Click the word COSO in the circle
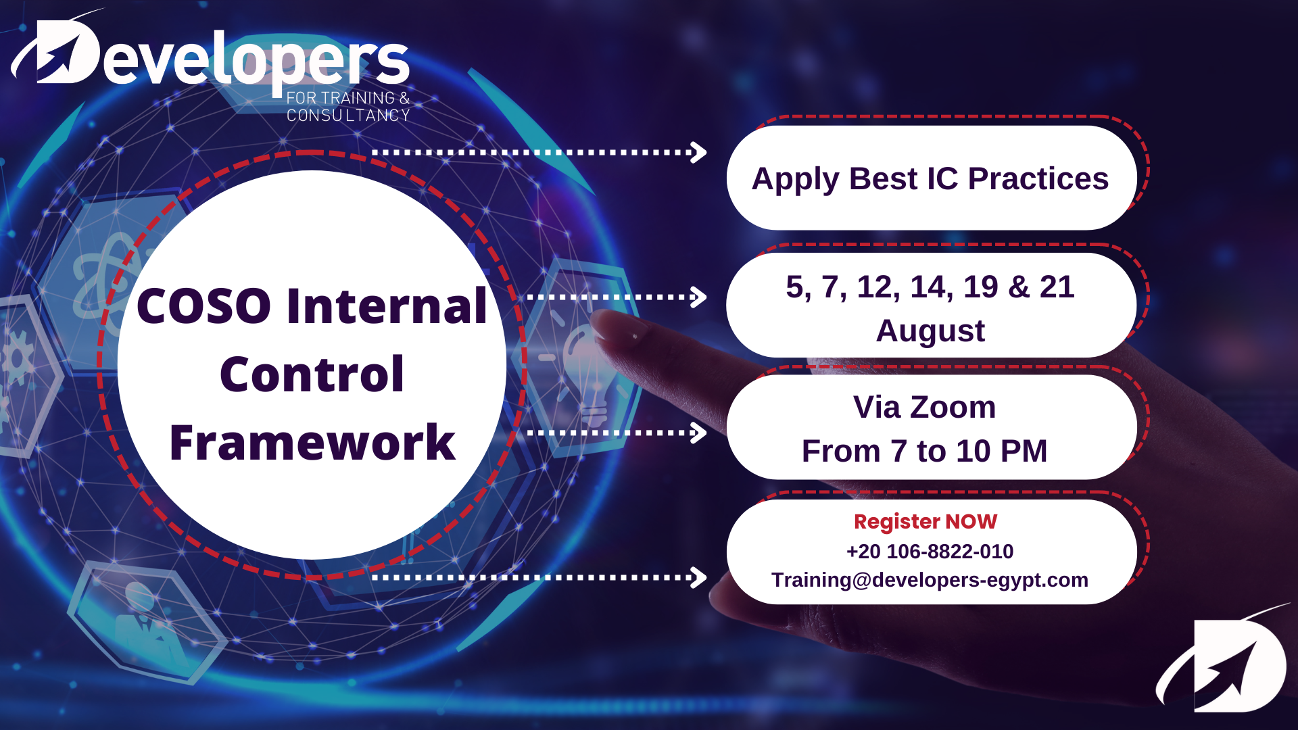(203, 306)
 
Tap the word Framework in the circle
(312, 443)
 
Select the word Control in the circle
(312, 374)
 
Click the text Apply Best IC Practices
(930, 179)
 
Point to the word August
(930, 331)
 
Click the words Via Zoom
(924, 407)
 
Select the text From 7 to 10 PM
(924, 451)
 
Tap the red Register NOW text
(925, 522)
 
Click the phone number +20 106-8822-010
(930, 551)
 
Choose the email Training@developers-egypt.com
(930, 580)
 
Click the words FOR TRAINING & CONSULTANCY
(348, 107)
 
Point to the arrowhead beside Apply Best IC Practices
(698, 152)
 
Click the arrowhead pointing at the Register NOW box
(698, 577)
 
